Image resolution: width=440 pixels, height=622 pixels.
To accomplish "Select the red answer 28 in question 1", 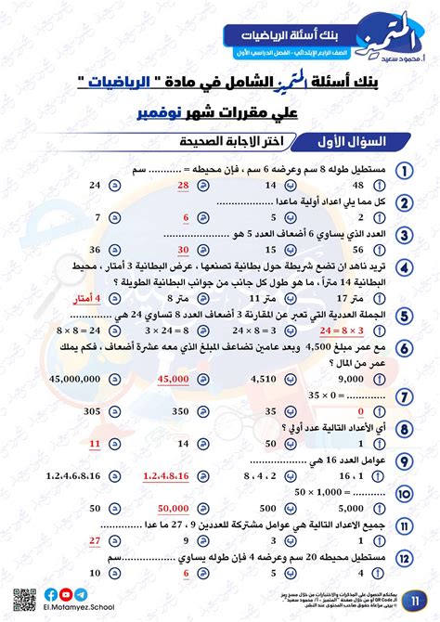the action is point(183,186).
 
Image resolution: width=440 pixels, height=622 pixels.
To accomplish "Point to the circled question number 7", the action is point(406,396).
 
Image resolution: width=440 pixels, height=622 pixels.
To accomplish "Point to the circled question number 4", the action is point(406,266).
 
